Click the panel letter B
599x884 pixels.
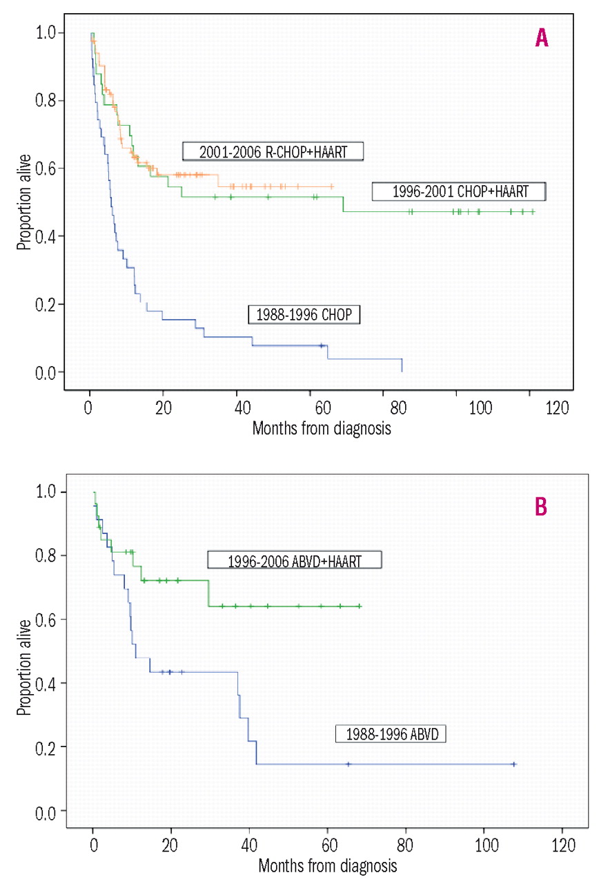tap(542, 508)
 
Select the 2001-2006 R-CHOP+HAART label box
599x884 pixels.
tap(273, 151)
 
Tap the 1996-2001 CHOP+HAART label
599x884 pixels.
tap(459, 191)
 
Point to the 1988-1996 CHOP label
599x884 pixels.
tap(305, 315)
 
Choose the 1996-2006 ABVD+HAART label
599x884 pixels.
tap(295, 560)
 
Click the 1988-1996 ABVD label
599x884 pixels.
tap(391, 733)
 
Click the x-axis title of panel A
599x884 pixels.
tap(322, 428)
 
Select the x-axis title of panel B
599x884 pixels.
tap(328, 864)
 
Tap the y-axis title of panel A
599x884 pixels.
tap(24, 202)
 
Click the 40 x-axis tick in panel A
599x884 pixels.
tap(237, 406)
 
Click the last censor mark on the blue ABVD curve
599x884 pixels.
tap(514, 764)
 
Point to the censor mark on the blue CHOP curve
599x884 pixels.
tap(321, 345)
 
